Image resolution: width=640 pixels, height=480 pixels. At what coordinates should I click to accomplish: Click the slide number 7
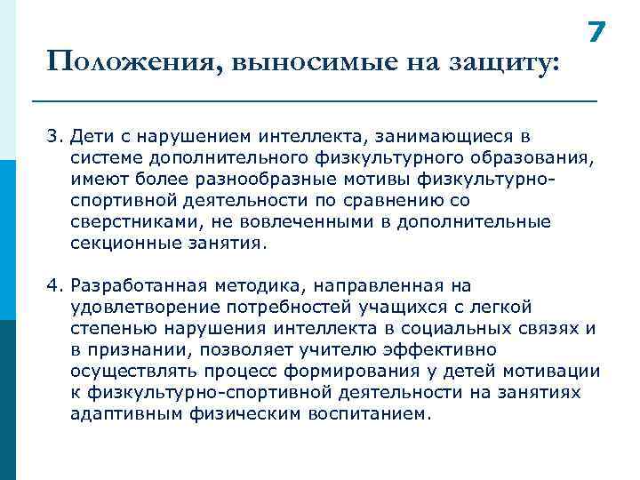[x=596, y=33]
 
